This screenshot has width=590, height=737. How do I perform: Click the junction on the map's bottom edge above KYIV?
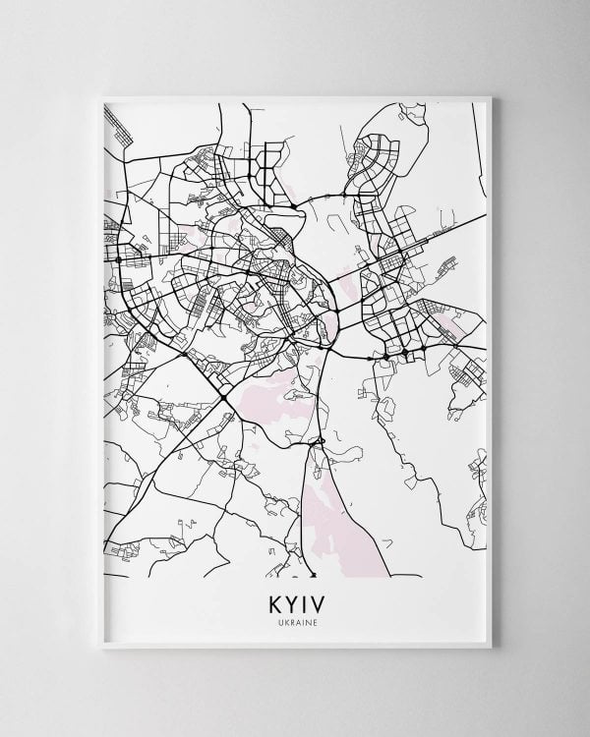313,574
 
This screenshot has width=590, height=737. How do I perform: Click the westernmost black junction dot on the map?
118,258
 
